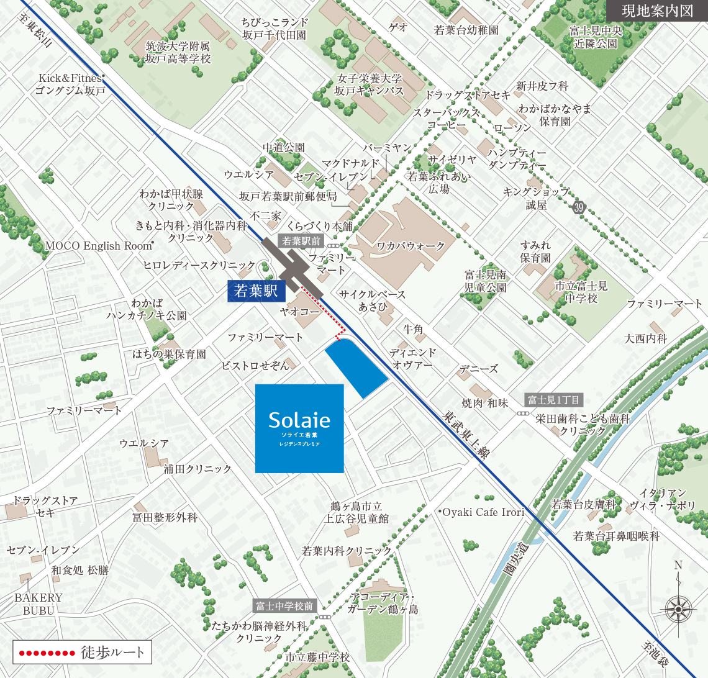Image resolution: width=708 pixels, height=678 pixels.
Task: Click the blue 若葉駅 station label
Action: click(x=255, y=290)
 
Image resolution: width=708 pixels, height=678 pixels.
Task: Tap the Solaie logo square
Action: click(x=299, y=428)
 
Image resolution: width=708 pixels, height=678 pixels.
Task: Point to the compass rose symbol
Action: click(x=678, y=606)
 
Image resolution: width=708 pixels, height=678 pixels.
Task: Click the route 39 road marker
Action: click(x=579, y=207)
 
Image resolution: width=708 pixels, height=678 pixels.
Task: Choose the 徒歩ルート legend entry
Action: click(x=82, y=652)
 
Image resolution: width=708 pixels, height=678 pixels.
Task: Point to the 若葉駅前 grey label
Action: click(x=301, y=241)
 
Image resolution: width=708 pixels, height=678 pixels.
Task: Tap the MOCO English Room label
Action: click(x=99, y=246)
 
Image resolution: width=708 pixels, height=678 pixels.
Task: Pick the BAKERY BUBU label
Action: click(x=39, y=603)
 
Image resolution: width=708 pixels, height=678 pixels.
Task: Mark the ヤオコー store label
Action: click(x=299, y=312)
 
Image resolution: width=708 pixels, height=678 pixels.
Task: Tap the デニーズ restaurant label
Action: click(x=479, y=369)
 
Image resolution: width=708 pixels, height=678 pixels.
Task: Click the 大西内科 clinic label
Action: click(x=645, y=339)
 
